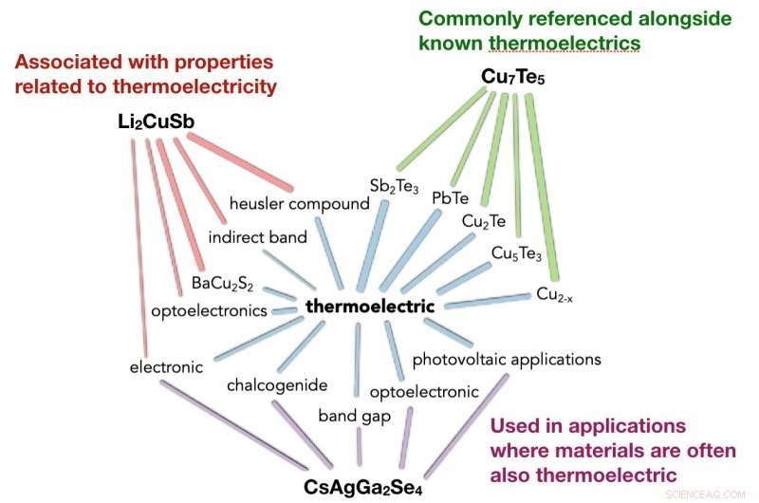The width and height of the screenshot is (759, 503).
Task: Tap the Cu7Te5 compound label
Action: pos(512,82)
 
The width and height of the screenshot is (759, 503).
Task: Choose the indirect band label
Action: pos(257,237)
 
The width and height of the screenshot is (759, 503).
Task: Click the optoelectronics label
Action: pos(209,310)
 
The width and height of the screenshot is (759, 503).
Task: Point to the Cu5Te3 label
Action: pos(516,252)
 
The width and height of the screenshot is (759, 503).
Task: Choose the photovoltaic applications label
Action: pos(507,360)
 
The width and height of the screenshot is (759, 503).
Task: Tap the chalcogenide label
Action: pos(277,384)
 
